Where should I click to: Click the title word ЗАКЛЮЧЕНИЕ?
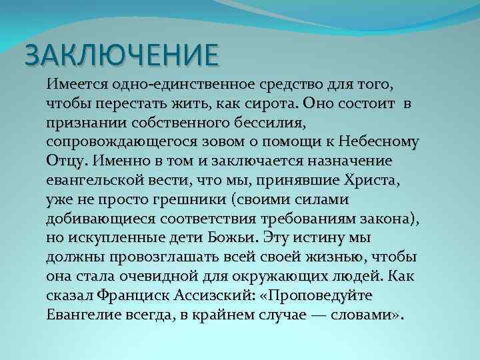tap(121, 55)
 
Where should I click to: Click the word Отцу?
tap(67, 162)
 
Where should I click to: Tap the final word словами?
tap(361, 314)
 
